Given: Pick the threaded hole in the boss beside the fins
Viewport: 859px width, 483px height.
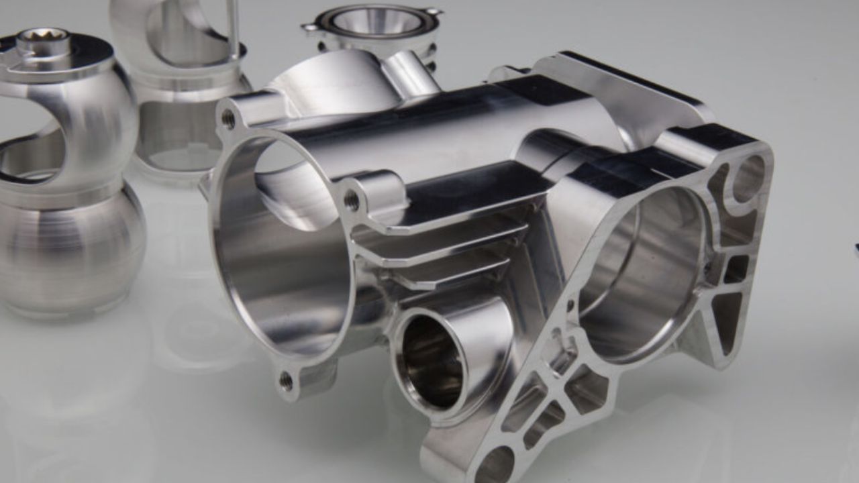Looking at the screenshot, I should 351,200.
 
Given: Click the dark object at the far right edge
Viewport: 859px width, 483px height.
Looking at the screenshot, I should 856,248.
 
